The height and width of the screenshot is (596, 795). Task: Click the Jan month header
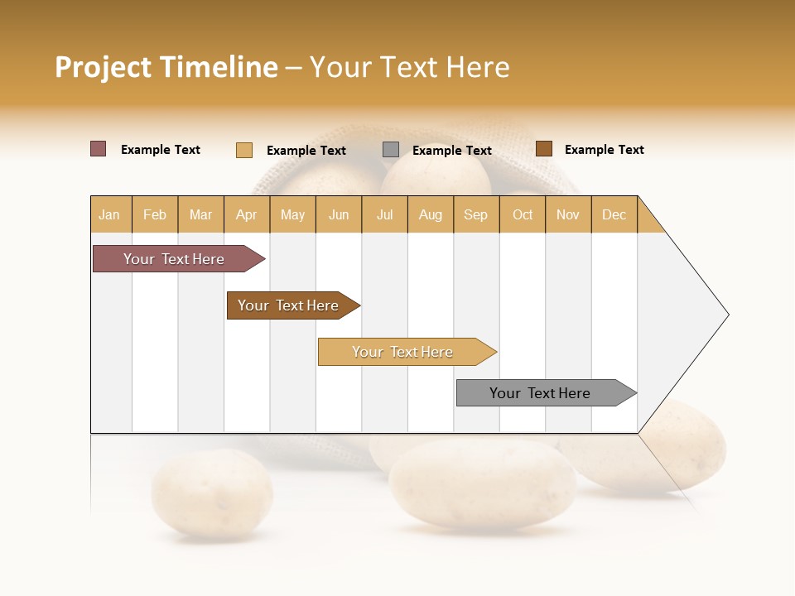(110, 214)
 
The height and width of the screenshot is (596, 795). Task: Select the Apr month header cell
(247, 214)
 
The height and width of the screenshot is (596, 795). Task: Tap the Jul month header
(384, 214)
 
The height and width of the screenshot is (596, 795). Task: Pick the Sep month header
(475, 214)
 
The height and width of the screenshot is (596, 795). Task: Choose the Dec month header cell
(614, 214)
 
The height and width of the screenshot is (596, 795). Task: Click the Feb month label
(155, 214)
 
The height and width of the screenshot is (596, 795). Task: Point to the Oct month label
(523, 214)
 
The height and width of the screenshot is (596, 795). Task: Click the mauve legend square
(99, 149)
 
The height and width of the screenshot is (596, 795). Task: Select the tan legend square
(244, 150)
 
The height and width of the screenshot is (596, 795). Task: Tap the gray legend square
(391, 150)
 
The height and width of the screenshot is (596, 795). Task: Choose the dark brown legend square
(544, 149)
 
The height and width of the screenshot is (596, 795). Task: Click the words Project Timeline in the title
(166, 67)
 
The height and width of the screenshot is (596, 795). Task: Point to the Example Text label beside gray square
(452, 151)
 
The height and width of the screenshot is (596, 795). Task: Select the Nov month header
(568, 214)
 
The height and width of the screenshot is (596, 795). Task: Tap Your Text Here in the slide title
(409, 67)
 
